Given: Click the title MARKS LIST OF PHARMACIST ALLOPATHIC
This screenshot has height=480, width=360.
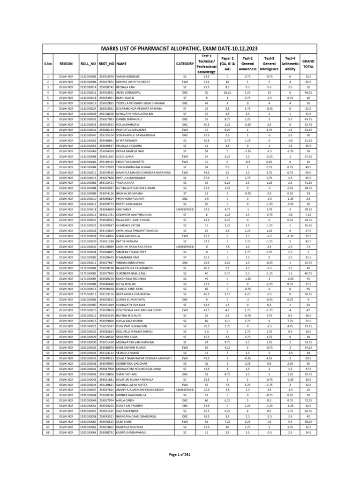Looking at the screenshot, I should (x=180, y=48).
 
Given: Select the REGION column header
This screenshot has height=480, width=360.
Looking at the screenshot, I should (x=66, y=63).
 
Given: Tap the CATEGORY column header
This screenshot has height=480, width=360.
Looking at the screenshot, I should (x=185, y=63).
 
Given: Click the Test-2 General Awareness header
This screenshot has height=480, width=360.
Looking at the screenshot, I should (x=247, y=63).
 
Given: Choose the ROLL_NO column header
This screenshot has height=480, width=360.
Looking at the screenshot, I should (x=88, y=63).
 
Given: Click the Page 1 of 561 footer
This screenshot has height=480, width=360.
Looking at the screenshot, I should (x=180, y=455).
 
